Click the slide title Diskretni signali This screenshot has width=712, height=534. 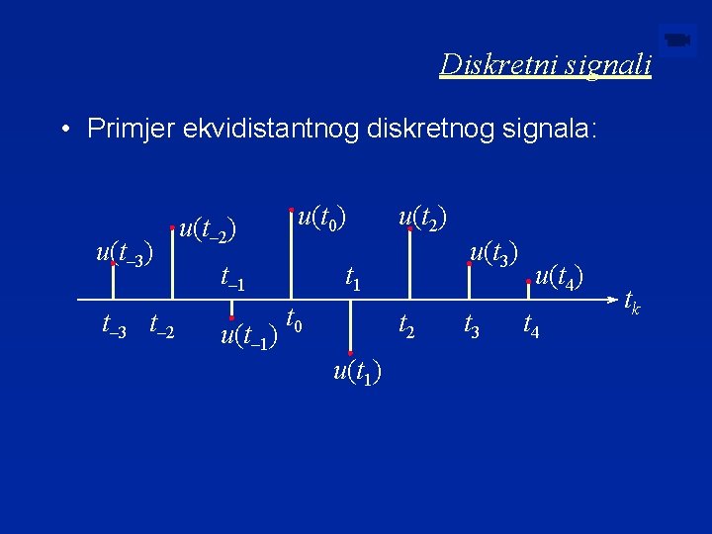coord(546,64)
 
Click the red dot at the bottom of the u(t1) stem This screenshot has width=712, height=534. coord(351,353)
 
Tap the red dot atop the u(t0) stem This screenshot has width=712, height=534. coord(291,210)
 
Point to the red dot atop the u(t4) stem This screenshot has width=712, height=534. coord(529,283)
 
